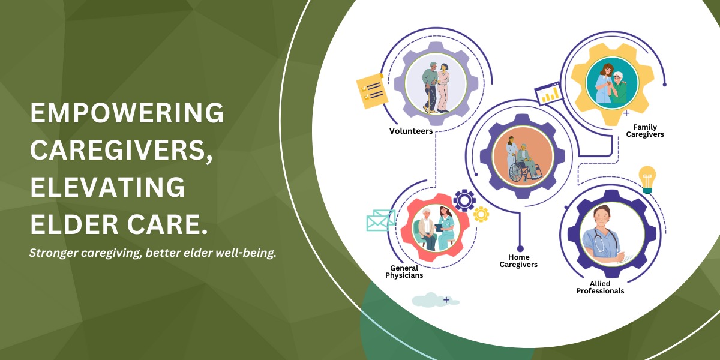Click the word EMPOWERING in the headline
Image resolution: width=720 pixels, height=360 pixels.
click(127, 113)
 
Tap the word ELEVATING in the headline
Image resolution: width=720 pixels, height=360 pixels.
click(107, 187)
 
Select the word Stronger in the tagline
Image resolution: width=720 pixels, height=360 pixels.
click(53, 253)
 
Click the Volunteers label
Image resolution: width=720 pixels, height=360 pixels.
click(411, 131)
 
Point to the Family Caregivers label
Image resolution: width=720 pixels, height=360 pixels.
click(645, 131)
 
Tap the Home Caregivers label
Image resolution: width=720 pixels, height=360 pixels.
click(518, 260)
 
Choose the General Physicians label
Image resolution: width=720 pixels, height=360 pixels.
click(404, 272)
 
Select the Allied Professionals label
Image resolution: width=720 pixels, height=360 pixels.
click(600, 287)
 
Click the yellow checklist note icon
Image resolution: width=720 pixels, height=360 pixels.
click(372, 91)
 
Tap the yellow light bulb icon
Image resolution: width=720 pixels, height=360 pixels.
click(647, 180)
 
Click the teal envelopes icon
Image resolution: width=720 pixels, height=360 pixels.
click(381, 220)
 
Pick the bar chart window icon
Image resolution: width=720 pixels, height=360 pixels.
click(548, 93)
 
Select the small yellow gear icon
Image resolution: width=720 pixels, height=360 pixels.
click(481, 214)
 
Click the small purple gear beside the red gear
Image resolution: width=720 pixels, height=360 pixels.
click(464, 200)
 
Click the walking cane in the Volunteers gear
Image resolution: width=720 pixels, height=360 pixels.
click(428, 99)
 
